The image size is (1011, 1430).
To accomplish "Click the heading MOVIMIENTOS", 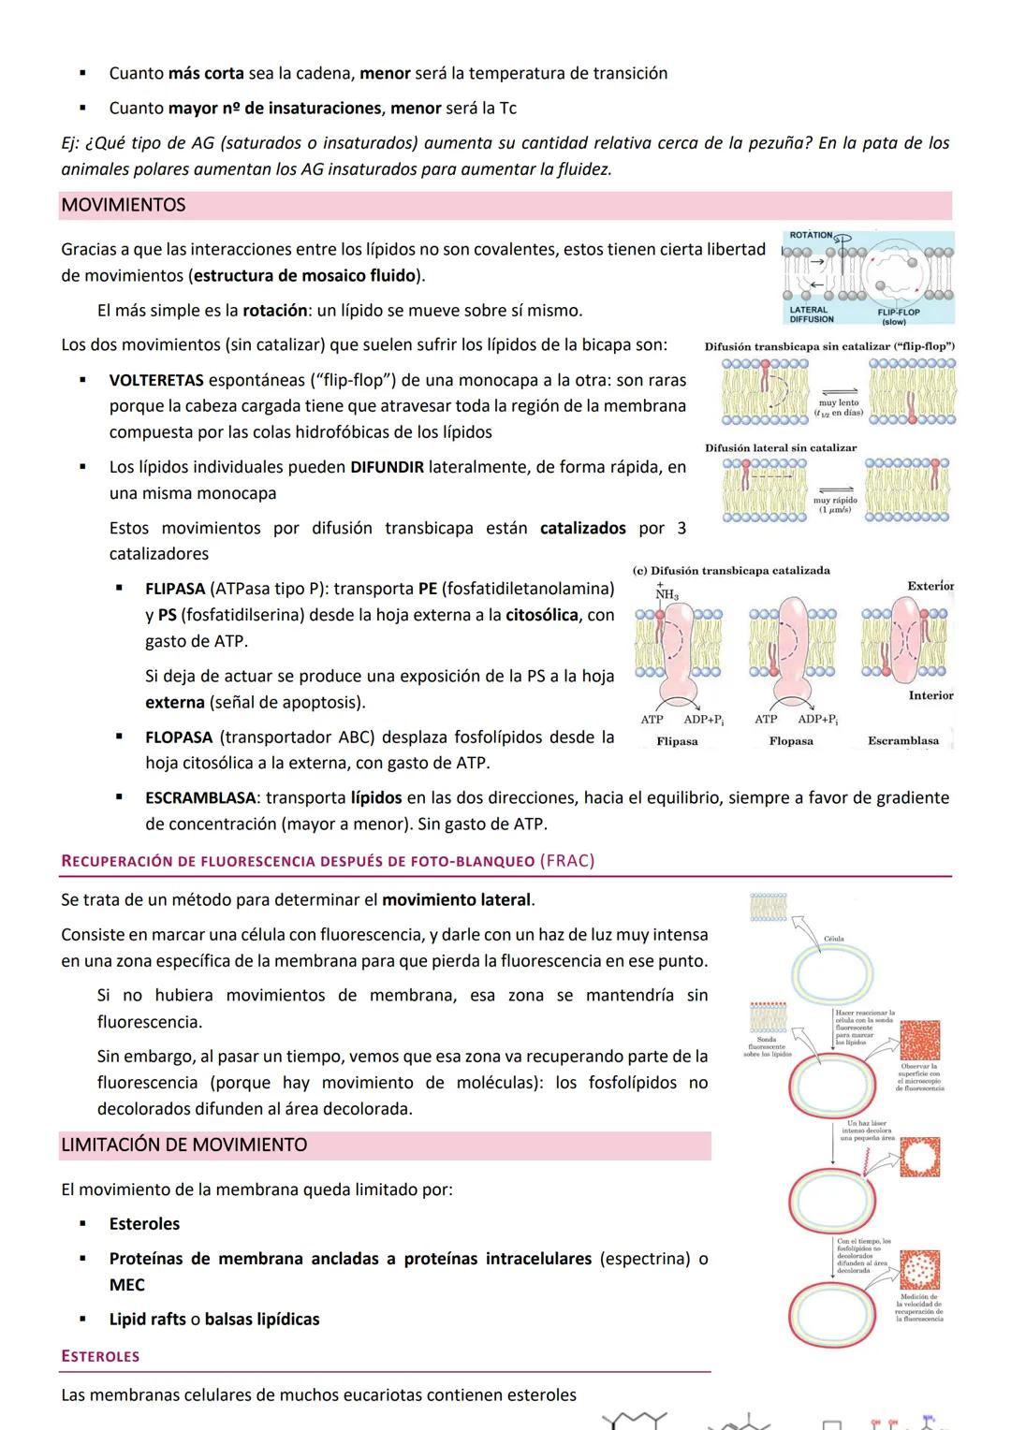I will [x=124, y=205].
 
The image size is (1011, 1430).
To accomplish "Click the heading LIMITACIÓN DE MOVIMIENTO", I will [x=183, y=1145].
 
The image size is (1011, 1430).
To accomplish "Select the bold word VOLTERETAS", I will [x=156, y=380].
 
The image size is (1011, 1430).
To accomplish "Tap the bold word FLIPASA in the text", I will [x=175, y=589].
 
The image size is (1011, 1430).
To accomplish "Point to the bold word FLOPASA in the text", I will [x=179, y=737].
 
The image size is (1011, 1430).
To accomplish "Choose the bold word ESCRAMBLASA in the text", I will [x=200, y=797].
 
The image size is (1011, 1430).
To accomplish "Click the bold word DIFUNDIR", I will [x=387, y=467].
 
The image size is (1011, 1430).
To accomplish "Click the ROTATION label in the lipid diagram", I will [x=811, y=235].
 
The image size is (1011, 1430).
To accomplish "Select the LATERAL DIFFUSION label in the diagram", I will [x=811, y=314].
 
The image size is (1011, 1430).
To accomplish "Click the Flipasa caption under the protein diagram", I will [x=677, y=741].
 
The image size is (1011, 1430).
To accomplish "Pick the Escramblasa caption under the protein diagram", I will [x=902, y=740].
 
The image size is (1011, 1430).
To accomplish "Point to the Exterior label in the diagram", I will [x=930, y=586].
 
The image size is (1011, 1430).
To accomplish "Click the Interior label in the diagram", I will [x=930, y=695].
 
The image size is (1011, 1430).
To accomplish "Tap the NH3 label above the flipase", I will [x=667, y=594].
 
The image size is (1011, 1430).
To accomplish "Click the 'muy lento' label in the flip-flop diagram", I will [x=838, y=402].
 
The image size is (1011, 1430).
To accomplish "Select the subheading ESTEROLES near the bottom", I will [x=100, y=1356].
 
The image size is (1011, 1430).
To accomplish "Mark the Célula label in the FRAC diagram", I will [x=833, y=938].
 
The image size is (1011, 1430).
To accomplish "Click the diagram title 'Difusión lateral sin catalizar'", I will [x=780, y=447].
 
